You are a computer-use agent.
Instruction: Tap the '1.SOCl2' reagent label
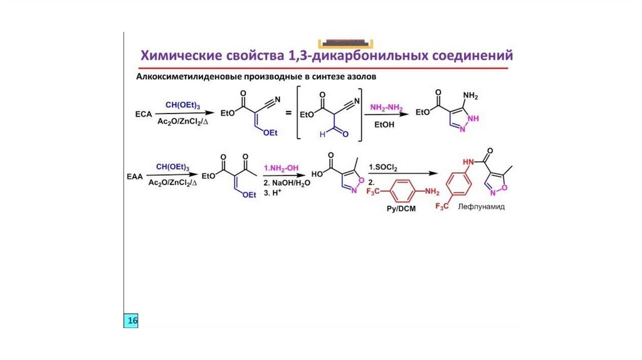coord(384,167)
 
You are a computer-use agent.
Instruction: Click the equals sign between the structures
coord(288,115)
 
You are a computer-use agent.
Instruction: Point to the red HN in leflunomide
coord(466,162)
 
